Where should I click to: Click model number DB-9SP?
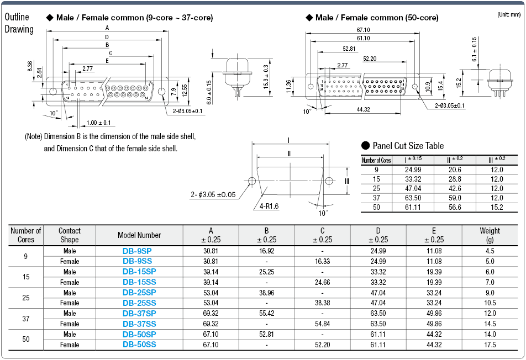point(139,250)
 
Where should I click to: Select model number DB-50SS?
point(139,345)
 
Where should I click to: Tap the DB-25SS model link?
point(139,303)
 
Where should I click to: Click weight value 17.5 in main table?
point(490,345)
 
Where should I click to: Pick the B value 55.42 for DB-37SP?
point(266,313)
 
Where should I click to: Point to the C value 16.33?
point(322,261)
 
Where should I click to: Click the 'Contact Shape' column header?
point(70,235)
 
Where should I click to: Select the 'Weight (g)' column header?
point(490,235)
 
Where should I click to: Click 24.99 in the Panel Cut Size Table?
point(413,171)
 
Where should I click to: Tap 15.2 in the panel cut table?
point(497,207)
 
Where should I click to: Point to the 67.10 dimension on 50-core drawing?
point(363,30)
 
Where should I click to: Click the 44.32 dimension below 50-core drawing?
point(363,110)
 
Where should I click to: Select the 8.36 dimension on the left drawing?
point(30,67)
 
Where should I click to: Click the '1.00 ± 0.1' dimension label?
point(99,123)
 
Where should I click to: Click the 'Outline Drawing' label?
point(19,23)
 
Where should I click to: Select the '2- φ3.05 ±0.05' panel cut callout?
point(213,194)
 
